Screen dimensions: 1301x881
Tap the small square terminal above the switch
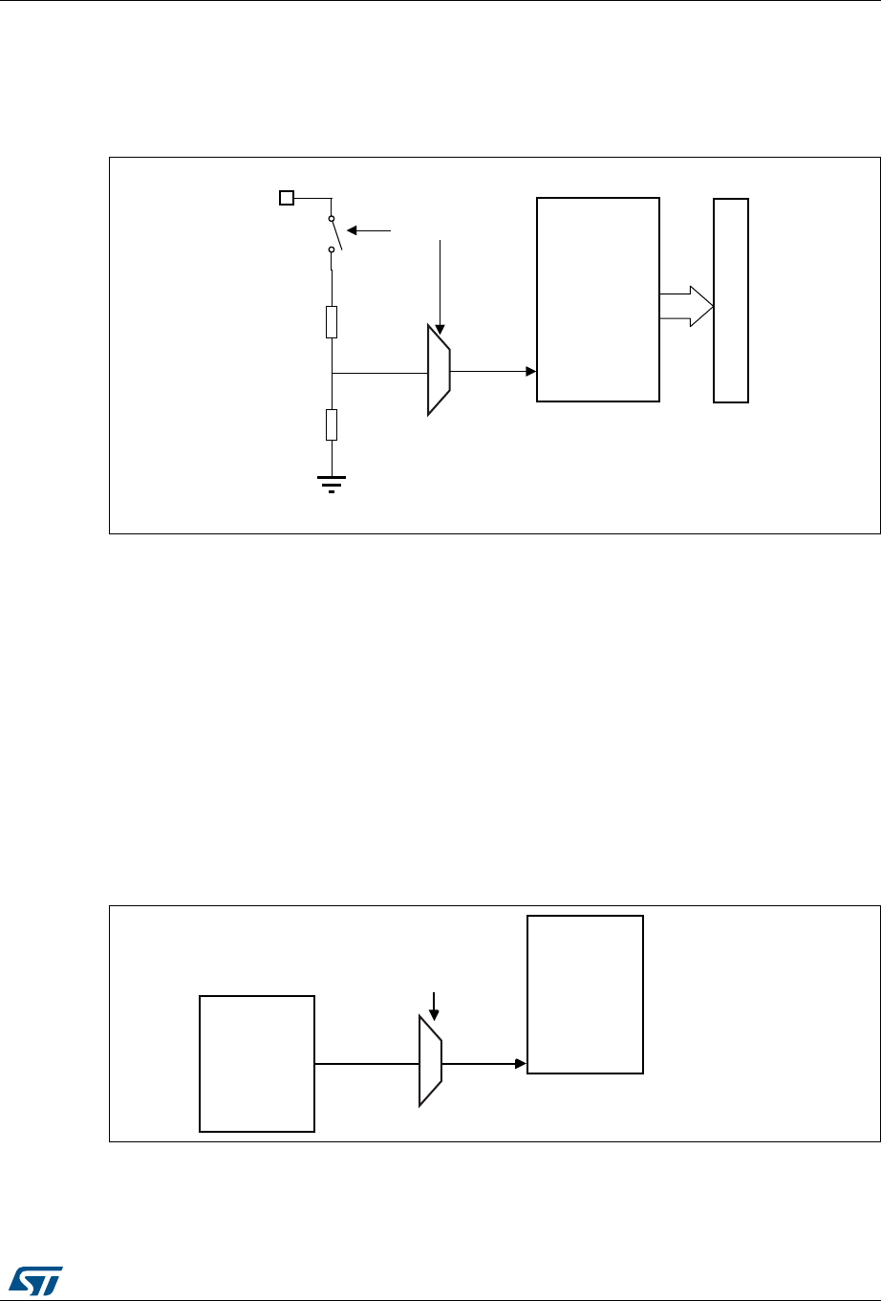(285, 198)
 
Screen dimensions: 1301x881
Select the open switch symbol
(332, 233)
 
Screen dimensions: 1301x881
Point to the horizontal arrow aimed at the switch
(369, 230)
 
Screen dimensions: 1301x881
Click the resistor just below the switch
(332, 321)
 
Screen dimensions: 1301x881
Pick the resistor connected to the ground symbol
(332, 423)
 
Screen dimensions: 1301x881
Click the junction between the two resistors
(332, 372)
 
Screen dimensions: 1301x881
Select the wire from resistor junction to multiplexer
(378, 372)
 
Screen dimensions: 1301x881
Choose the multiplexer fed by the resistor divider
(439, 370)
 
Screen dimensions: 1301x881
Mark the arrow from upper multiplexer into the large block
(493, 370)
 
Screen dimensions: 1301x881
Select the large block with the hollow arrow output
(598, 299)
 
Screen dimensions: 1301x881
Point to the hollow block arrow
(687, 307)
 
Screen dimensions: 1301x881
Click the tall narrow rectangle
(731, 300)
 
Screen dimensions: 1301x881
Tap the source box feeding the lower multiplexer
(257, 1063)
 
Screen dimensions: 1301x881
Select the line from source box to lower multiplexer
(367, 1063)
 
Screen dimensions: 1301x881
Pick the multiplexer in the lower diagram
(431, 1061)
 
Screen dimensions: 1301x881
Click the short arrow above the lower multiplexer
(433, 1005)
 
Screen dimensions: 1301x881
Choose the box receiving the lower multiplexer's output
(586, 994)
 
